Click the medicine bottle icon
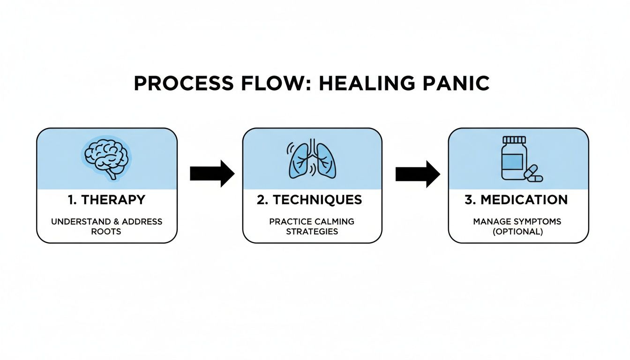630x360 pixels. pos(514,159)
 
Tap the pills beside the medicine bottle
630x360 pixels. pos(533,174)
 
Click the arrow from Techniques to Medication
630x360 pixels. pos(418,173)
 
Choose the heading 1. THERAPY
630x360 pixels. pos(107,200)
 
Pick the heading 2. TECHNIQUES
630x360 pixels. pos(309,200)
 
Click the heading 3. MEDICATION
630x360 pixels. pos(516,200)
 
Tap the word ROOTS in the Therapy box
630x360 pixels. pos(107,231)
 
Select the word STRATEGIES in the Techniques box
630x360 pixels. pos(312,231)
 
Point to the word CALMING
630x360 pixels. pos(334,221)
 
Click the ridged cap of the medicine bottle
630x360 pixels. pos(514,140)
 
